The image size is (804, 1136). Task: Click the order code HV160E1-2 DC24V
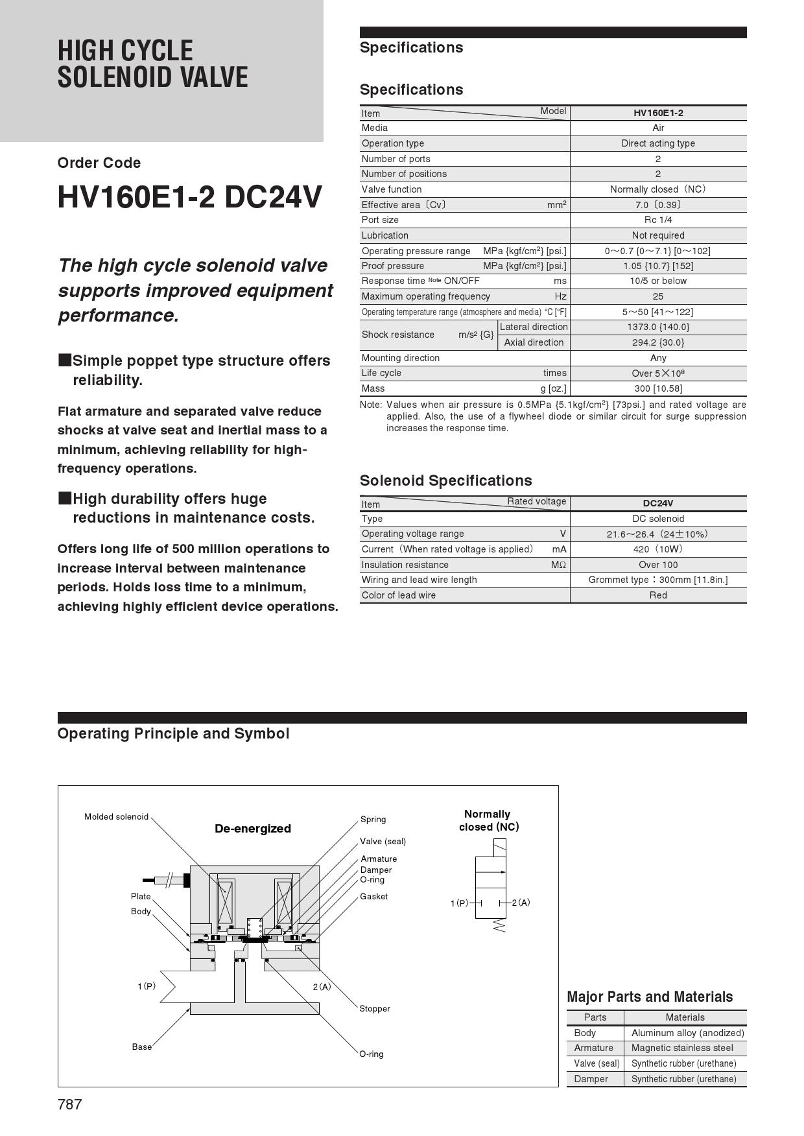click(189, 197)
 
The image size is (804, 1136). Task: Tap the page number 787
click(70, 1104)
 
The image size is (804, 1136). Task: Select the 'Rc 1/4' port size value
click(658, 220)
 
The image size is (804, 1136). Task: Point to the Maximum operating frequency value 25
click(658, 296)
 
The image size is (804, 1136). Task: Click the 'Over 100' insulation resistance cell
click(658, 565)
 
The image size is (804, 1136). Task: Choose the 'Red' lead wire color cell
click(658, 595)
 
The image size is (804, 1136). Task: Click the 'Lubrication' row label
click(385, 235)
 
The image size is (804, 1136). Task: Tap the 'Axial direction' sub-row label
click(534, 342)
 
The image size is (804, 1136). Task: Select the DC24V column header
click(658, 503)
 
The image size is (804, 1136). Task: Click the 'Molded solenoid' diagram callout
click(117, 817)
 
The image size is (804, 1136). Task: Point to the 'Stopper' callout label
click(375, 1009)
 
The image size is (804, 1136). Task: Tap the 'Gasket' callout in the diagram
click(374, 897)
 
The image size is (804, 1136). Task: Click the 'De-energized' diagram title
click(253, 829)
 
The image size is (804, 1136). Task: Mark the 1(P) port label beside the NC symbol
click(459, 903)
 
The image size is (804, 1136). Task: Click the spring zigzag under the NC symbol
click(499, 926)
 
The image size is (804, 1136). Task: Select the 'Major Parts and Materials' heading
click(650, 997)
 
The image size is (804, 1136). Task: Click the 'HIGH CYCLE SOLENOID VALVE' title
click(153, 64)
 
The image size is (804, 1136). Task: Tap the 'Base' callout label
click(141, 1047)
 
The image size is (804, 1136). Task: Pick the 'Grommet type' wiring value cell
click(658, 580)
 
